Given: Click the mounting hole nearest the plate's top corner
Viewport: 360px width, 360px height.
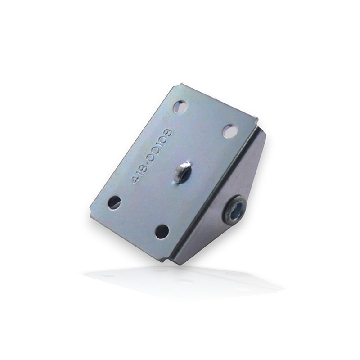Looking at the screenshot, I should coord(180,107).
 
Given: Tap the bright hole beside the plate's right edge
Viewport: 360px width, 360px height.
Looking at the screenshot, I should coord(230,131).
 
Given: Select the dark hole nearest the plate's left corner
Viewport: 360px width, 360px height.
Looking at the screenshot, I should coord(114,202).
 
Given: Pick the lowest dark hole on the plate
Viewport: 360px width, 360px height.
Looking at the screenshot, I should coord(162,232).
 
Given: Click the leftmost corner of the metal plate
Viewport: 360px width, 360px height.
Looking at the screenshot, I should coord(91,215).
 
